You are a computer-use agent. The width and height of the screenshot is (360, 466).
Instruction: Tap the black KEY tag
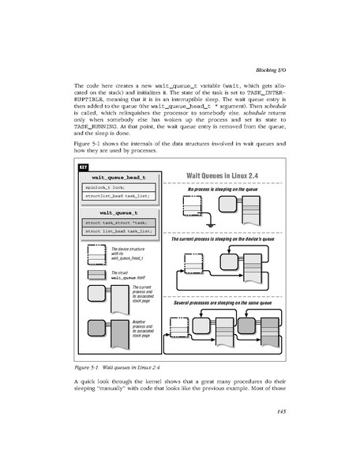click(x=82, y=167)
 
